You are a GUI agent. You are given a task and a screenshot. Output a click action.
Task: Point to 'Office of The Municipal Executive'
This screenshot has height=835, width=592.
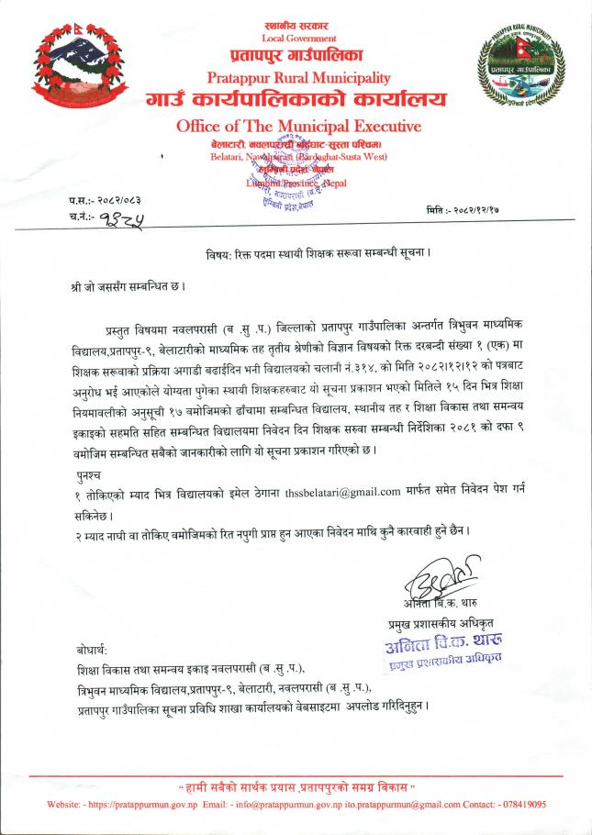pyautogui.click(x=298, y=126)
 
